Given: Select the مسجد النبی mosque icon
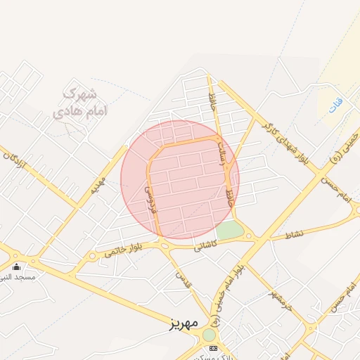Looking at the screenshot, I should [17, 266].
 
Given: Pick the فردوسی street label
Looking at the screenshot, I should [152, 200].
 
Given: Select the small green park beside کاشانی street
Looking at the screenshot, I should [229, 230].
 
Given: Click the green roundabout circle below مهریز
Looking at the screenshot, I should [209, 335].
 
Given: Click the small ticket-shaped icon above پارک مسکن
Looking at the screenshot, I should [214, 348].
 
